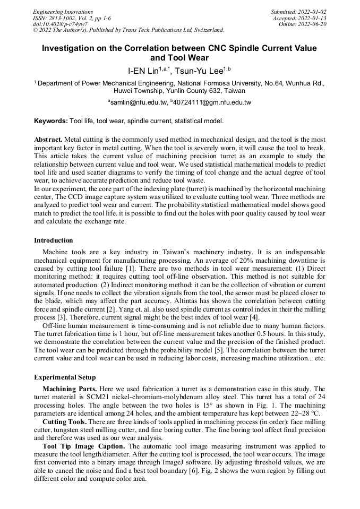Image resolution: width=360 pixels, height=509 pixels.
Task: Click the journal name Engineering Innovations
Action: click(x=63, y=12)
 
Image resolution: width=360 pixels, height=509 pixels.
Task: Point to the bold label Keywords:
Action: click(x=51, y=121)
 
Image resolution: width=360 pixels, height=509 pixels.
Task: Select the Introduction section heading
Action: click(x=54, y=240)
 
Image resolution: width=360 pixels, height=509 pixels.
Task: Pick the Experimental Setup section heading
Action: click(x=65, y=377)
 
